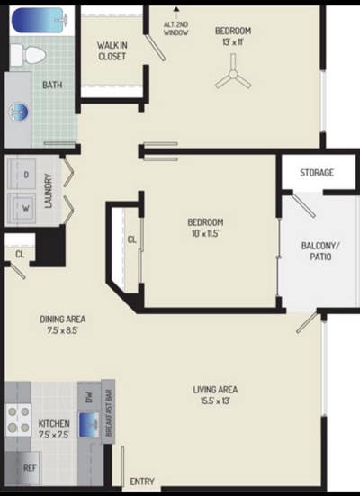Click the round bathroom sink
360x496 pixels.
pos(19,112)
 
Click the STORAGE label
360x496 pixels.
pos(317,172)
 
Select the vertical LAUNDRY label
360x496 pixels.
pos(49,191)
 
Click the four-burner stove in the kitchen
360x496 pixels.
pos(19,419)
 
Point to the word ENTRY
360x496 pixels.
pos(142,482)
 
